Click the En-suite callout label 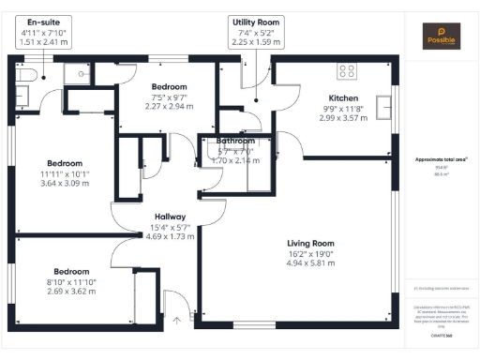point(40,21)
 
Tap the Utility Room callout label point(255,22)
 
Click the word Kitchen point(343,98)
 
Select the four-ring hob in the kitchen point(348,70)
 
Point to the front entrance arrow point(174,321)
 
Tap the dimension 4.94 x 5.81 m point(310,262)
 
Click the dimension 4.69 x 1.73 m point(170,236)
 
